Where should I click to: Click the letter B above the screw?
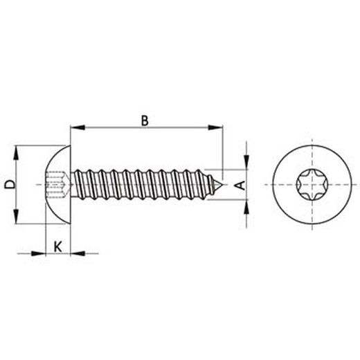145,120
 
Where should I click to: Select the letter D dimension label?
9,184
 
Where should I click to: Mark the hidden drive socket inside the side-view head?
57,185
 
